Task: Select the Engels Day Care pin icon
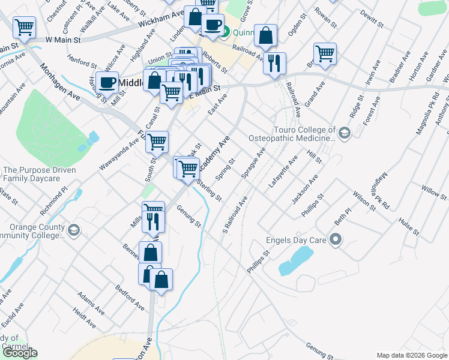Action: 336,241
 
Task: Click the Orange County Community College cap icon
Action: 73,229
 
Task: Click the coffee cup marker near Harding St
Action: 107,82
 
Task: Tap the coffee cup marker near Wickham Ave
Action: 212,25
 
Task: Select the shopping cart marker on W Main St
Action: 24,26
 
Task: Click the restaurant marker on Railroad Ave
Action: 274,62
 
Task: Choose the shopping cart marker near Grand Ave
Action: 325,53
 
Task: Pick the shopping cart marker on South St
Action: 157,142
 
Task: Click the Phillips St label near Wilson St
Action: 313,205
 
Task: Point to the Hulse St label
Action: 408,229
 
